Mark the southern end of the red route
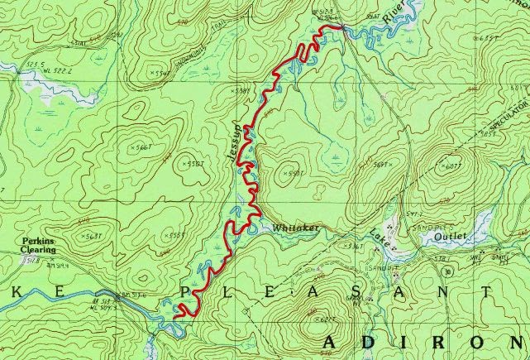point(179,314)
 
